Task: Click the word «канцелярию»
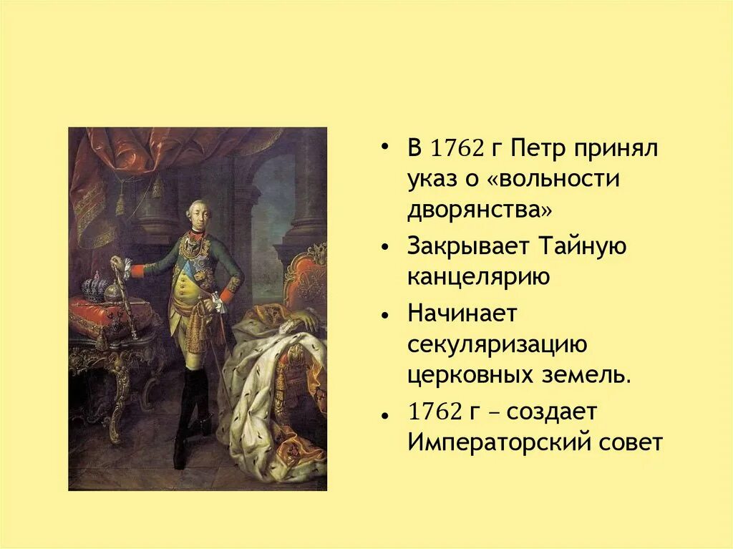coord(479,277)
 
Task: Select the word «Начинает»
coord(462,313)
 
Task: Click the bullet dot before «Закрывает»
coord(387,248)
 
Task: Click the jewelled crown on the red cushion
coord(93,288)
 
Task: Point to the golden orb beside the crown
coord(114,291)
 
